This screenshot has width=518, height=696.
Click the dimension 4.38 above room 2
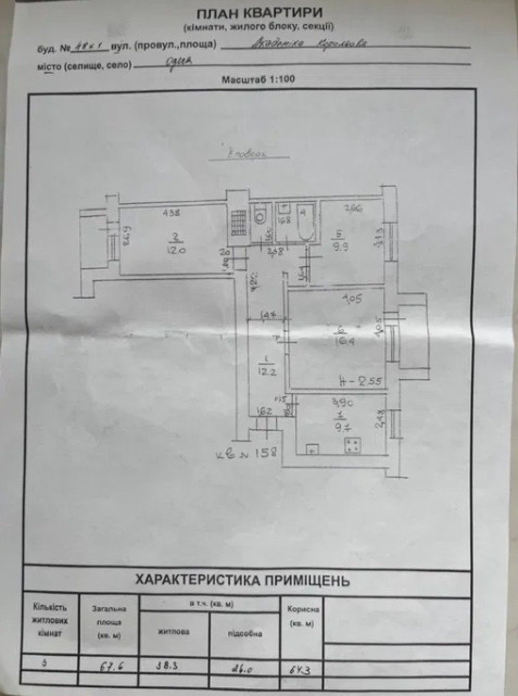coord(171,212)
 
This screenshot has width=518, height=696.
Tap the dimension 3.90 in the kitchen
coord(341,402)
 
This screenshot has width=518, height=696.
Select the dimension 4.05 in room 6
coord(352,299)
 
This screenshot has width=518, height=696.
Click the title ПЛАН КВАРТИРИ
coord(258,12)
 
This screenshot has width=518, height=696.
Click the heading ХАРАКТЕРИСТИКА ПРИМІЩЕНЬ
coord(243,580)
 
